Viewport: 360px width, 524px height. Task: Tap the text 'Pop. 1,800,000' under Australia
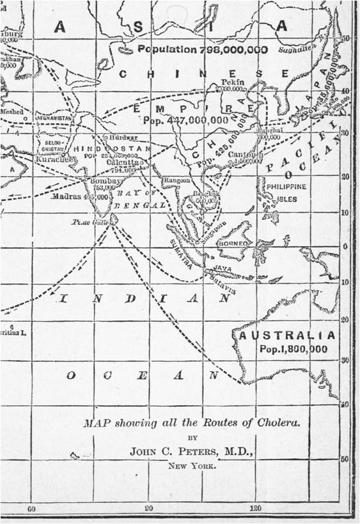[x=294, y=349]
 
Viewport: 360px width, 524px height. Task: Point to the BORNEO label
[x=232, y=244]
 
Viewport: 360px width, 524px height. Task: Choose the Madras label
[x=66, y=196]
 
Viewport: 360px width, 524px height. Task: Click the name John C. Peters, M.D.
[x=191, y=452]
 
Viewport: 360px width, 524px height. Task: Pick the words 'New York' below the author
[x=192, y=466]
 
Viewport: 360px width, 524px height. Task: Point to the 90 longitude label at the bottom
[x=149, y=509]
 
